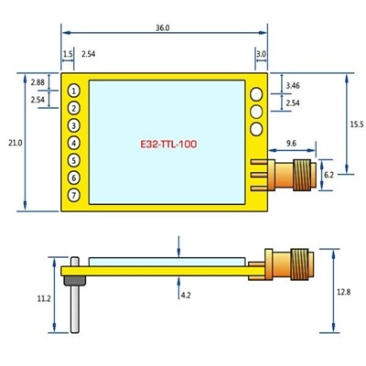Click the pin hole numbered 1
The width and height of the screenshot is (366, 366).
[x=73, y=91]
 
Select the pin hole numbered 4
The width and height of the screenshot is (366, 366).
[x=73, y=143]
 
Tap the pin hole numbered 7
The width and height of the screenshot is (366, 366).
[x=73, y=195]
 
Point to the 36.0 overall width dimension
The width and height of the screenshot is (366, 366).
[x=162, y=28]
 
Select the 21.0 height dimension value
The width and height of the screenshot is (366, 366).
[x=14, y=143]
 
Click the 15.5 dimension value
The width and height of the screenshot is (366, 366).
[x=356, y=124]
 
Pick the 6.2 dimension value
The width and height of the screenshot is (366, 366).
[x=329, y=172]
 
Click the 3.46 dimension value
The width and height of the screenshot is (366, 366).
[x=293, y=85]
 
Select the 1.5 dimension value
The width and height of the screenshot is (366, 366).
[x=68, y=55]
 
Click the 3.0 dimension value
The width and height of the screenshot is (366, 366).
[x=261, y=55]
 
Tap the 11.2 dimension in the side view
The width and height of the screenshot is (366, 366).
[x=43, y=298]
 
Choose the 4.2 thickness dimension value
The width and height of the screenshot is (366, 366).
[x=186, y=295]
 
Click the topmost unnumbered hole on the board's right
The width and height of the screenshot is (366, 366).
[x=257, y=93]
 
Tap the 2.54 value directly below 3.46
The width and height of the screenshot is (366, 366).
[x=293, y=103]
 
